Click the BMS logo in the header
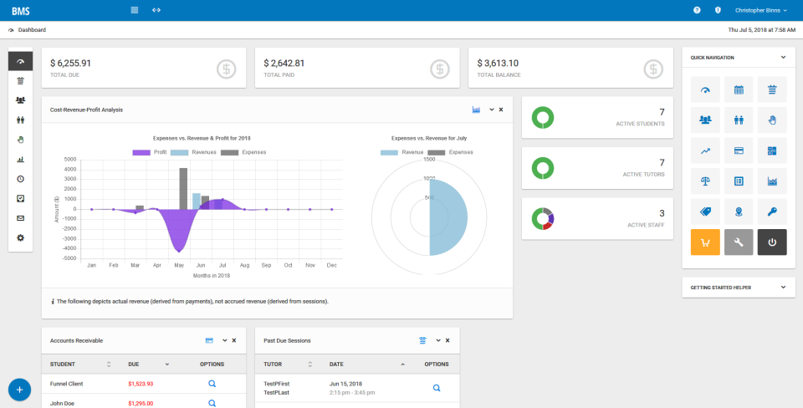pos(20,10)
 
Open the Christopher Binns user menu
pos(760,10)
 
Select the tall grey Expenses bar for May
pos(183,188)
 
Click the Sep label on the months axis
pos(265,265)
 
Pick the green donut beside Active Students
pos(544,119)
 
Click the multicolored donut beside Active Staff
pos(544,219)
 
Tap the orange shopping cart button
pos(705,242)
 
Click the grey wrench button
pos(739,242)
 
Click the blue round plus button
pos(19,390)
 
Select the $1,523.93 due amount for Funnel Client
pos(141,384)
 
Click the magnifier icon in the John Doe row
pos(212,402)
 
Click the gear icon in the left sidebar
pos(20,237)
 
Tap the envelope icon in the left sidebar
pos(20,218)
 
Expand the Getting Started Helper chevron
pos(783,287)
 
